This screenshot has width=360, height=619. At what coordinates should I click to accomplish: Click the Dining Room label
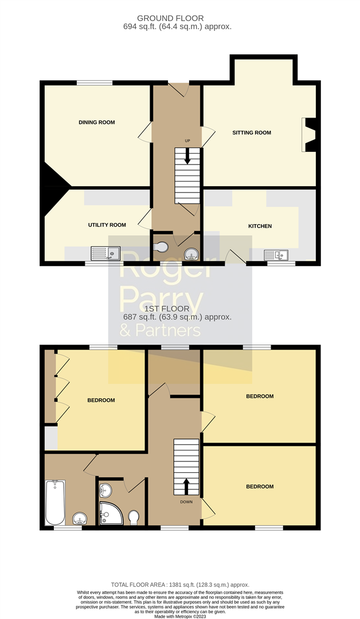click(x=97, y=122)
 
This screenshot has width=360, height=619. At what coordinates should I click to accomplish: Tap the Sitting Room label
click(x=252, y=132)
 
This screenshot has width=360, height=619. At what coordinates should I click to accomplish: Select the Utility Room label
click(x=107, y=225)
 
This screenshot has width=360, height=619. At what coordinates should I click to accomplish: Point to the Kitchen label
click(x=260, y=226)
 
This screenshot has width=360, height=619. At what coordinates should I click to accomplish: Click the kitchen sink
click(x=277, y=254)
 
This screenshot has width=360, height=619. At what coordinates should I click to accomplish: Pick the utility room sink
click(x=105, y=252)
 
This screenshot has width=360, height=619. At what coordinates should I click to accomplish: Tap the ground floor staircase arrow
click(x=187, y=156)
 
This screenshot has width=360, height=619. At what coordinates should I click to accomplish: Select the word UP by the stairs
click(x=187, y=141)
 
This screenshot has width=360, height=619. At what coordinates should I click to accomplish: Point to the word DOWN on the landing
click(x=186, y=502)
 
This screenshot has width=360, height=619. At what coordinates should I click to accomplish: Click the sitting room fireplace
click(x=310, y=135)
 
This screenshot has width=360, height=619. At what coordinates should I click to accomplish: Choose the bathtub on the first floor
click(x=55, y=503)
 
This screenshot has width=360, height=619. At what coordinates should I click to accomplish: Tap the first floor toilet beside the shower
click(x=134, y=517)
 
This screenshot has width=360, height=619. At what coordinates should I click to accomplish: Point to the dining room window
click(x=95, y=83)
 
